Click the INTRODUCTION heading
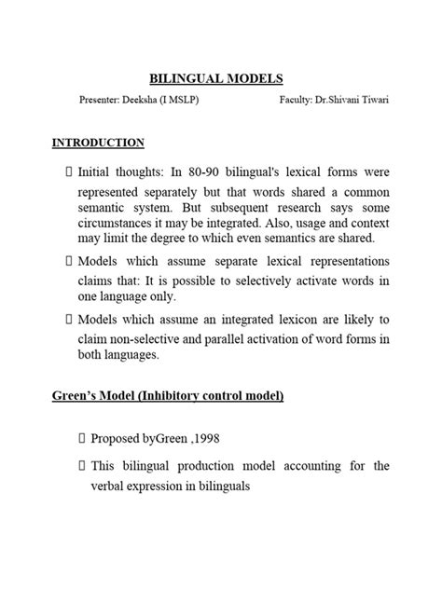97,144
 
